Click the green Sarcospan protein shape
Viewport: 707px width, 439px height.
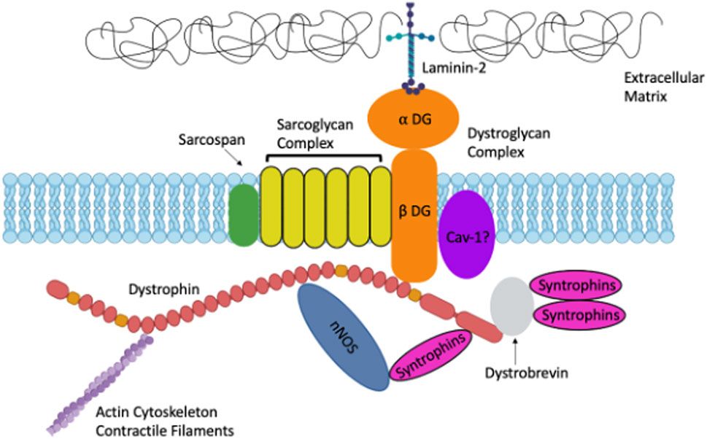coord(244,212)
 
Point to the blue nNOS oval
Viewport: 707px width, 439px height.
coord(344,335)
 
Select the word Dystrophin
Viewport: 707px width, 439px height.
coord(172,290)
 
